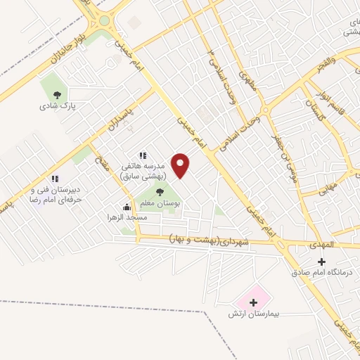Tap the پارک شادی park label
(58, 107)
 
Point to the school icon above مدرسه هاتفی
(143, 155)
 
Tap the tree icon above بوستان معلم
(160, 191)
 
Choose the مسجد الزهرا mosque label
(127, 218)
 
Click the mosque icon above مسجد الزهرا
(127, 207)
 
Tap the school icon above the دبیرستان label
(55, 179)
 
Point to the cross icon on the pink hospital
(252, 301)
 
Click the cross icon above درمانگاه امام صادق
(322, 262)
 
